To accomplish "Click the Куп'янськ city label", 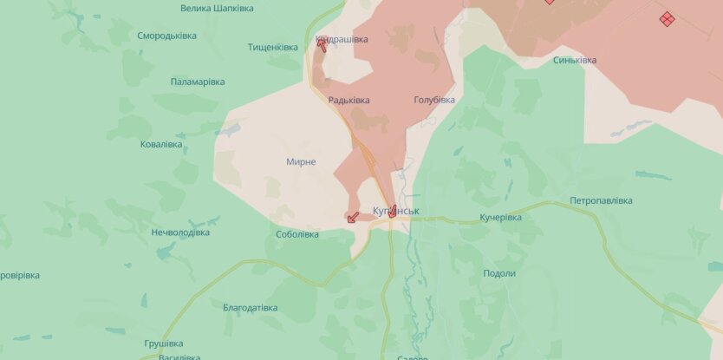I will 396,211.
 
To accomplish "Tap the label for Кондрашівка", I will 341,39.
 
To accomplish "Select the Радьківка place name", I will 348,100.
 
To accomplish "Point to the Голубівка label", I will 434,100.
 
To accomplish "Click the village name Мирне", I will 301,162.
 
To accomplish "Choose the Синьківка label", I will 575,60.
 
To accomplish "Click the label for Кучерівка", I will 500,217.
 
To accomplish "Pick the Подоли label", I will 499,273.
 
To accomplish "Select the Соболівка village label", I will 297,234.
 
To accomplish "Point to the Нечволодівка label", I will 180,232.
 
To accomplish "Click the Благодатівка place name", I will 250,308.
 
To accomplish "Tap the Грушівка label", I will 164,343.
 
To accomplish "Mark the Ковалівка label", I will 161,144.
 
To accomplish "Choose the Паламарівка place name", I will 198,82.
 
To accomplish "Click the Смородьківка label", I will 166,36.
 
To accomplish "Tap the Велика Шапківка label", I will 217,8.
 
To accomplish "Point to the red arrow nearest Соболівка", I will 352,217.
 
